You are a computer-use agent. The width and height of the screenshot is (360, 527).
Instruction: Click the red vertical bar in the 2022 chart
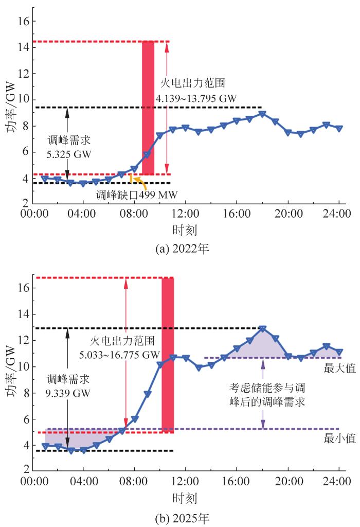[148, 108]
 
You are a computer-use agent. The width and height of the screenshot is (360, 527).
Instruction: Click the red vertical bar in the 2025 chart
[168, 355]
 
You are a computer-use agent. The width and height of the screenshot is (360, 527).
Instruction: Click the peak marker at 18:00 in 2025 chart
[262, 328]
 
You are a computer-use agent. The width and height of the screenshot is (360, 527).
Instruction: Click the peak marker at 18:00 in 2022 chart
[262, 114]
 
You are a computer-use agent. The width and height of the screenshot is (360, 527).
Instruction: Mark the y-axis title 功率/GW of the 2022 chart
[11, 108]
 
